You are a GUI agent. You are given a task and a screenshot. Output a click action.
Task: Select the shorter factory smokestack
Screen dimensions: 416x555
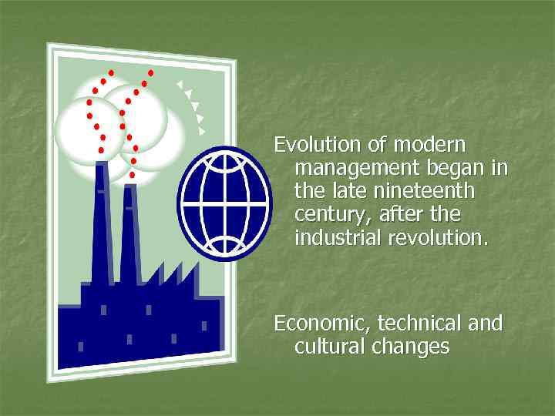point(129,235)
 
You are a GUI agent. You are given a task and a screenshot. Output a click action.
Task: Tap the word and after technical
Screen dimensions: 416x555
point(486,323)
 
